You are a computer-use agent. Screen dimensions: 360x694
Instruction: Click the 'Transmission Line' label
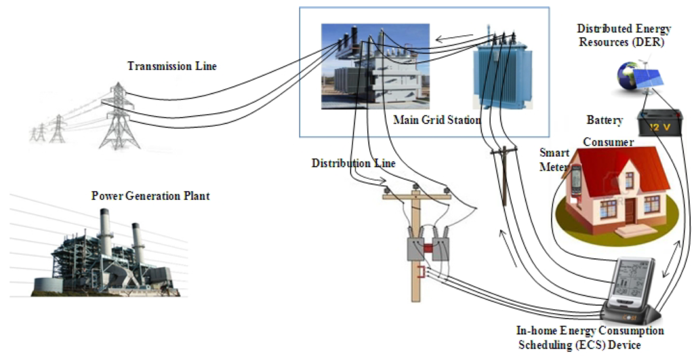click(172, 66)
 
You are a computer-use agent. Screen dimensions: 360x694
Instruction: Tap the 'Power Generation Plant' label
click(150, 196)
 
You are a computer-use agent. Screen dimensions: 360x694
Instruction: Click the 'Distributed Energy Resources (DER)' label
click(624, 35)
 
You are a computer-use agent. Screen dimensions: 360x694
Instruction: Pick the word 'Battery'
click(605, 120)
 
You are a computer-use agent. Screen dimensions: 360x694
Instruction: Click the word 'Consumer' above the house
click(608, 142)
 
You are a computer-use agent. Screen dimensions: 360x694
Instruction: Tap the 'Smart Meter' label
click(554, 160)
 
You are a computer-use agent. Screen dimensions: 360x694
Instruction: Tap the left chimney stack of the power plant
click(105, 234)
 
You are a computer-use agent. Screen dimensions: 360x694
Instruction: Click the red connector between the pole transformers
click(428, 247)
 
